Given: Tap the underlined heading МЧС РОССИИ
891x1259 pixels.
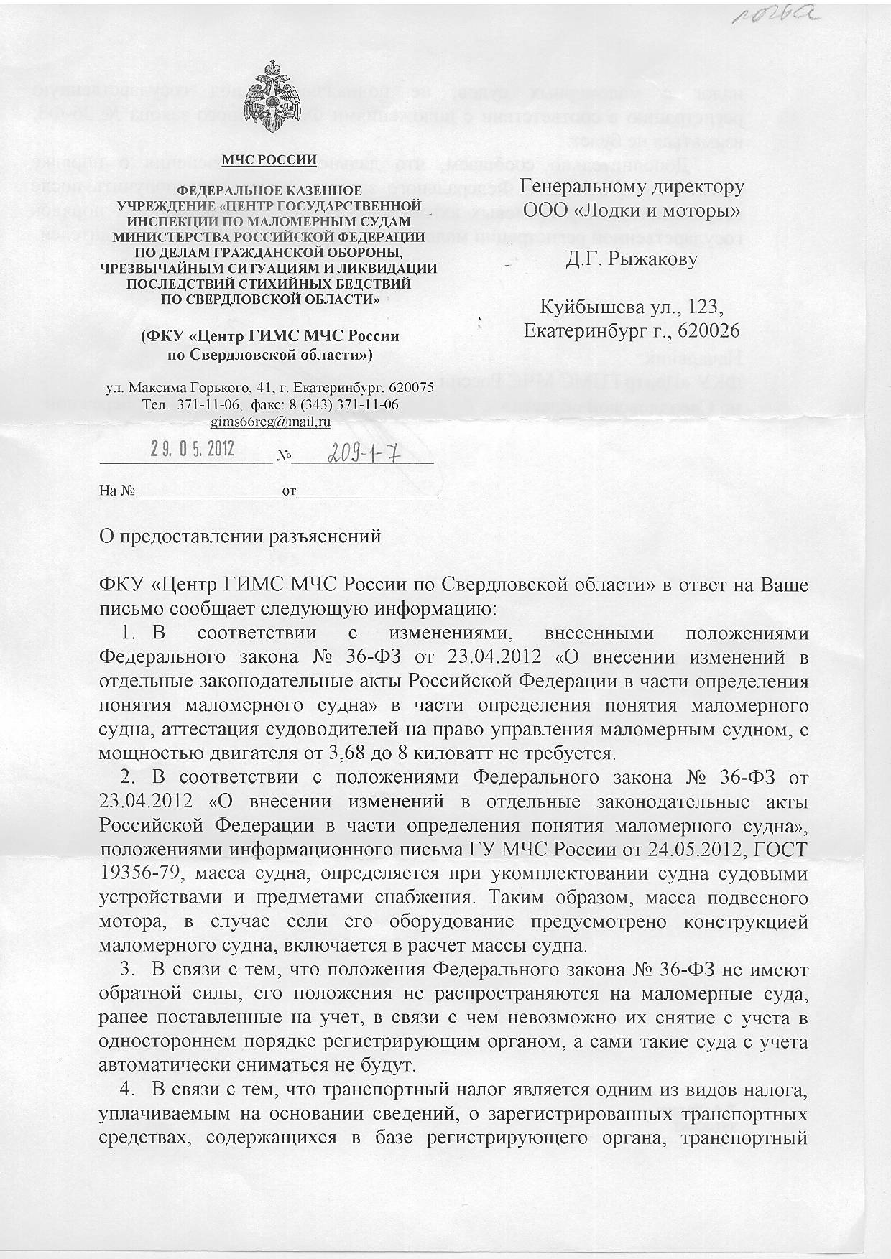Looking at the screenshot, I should point(269,160).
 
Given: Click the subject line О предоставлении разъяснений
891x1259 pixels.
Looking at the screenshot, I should point(240,536).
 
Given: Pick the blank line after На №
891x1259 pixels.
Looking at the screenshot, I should point(209,493).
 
